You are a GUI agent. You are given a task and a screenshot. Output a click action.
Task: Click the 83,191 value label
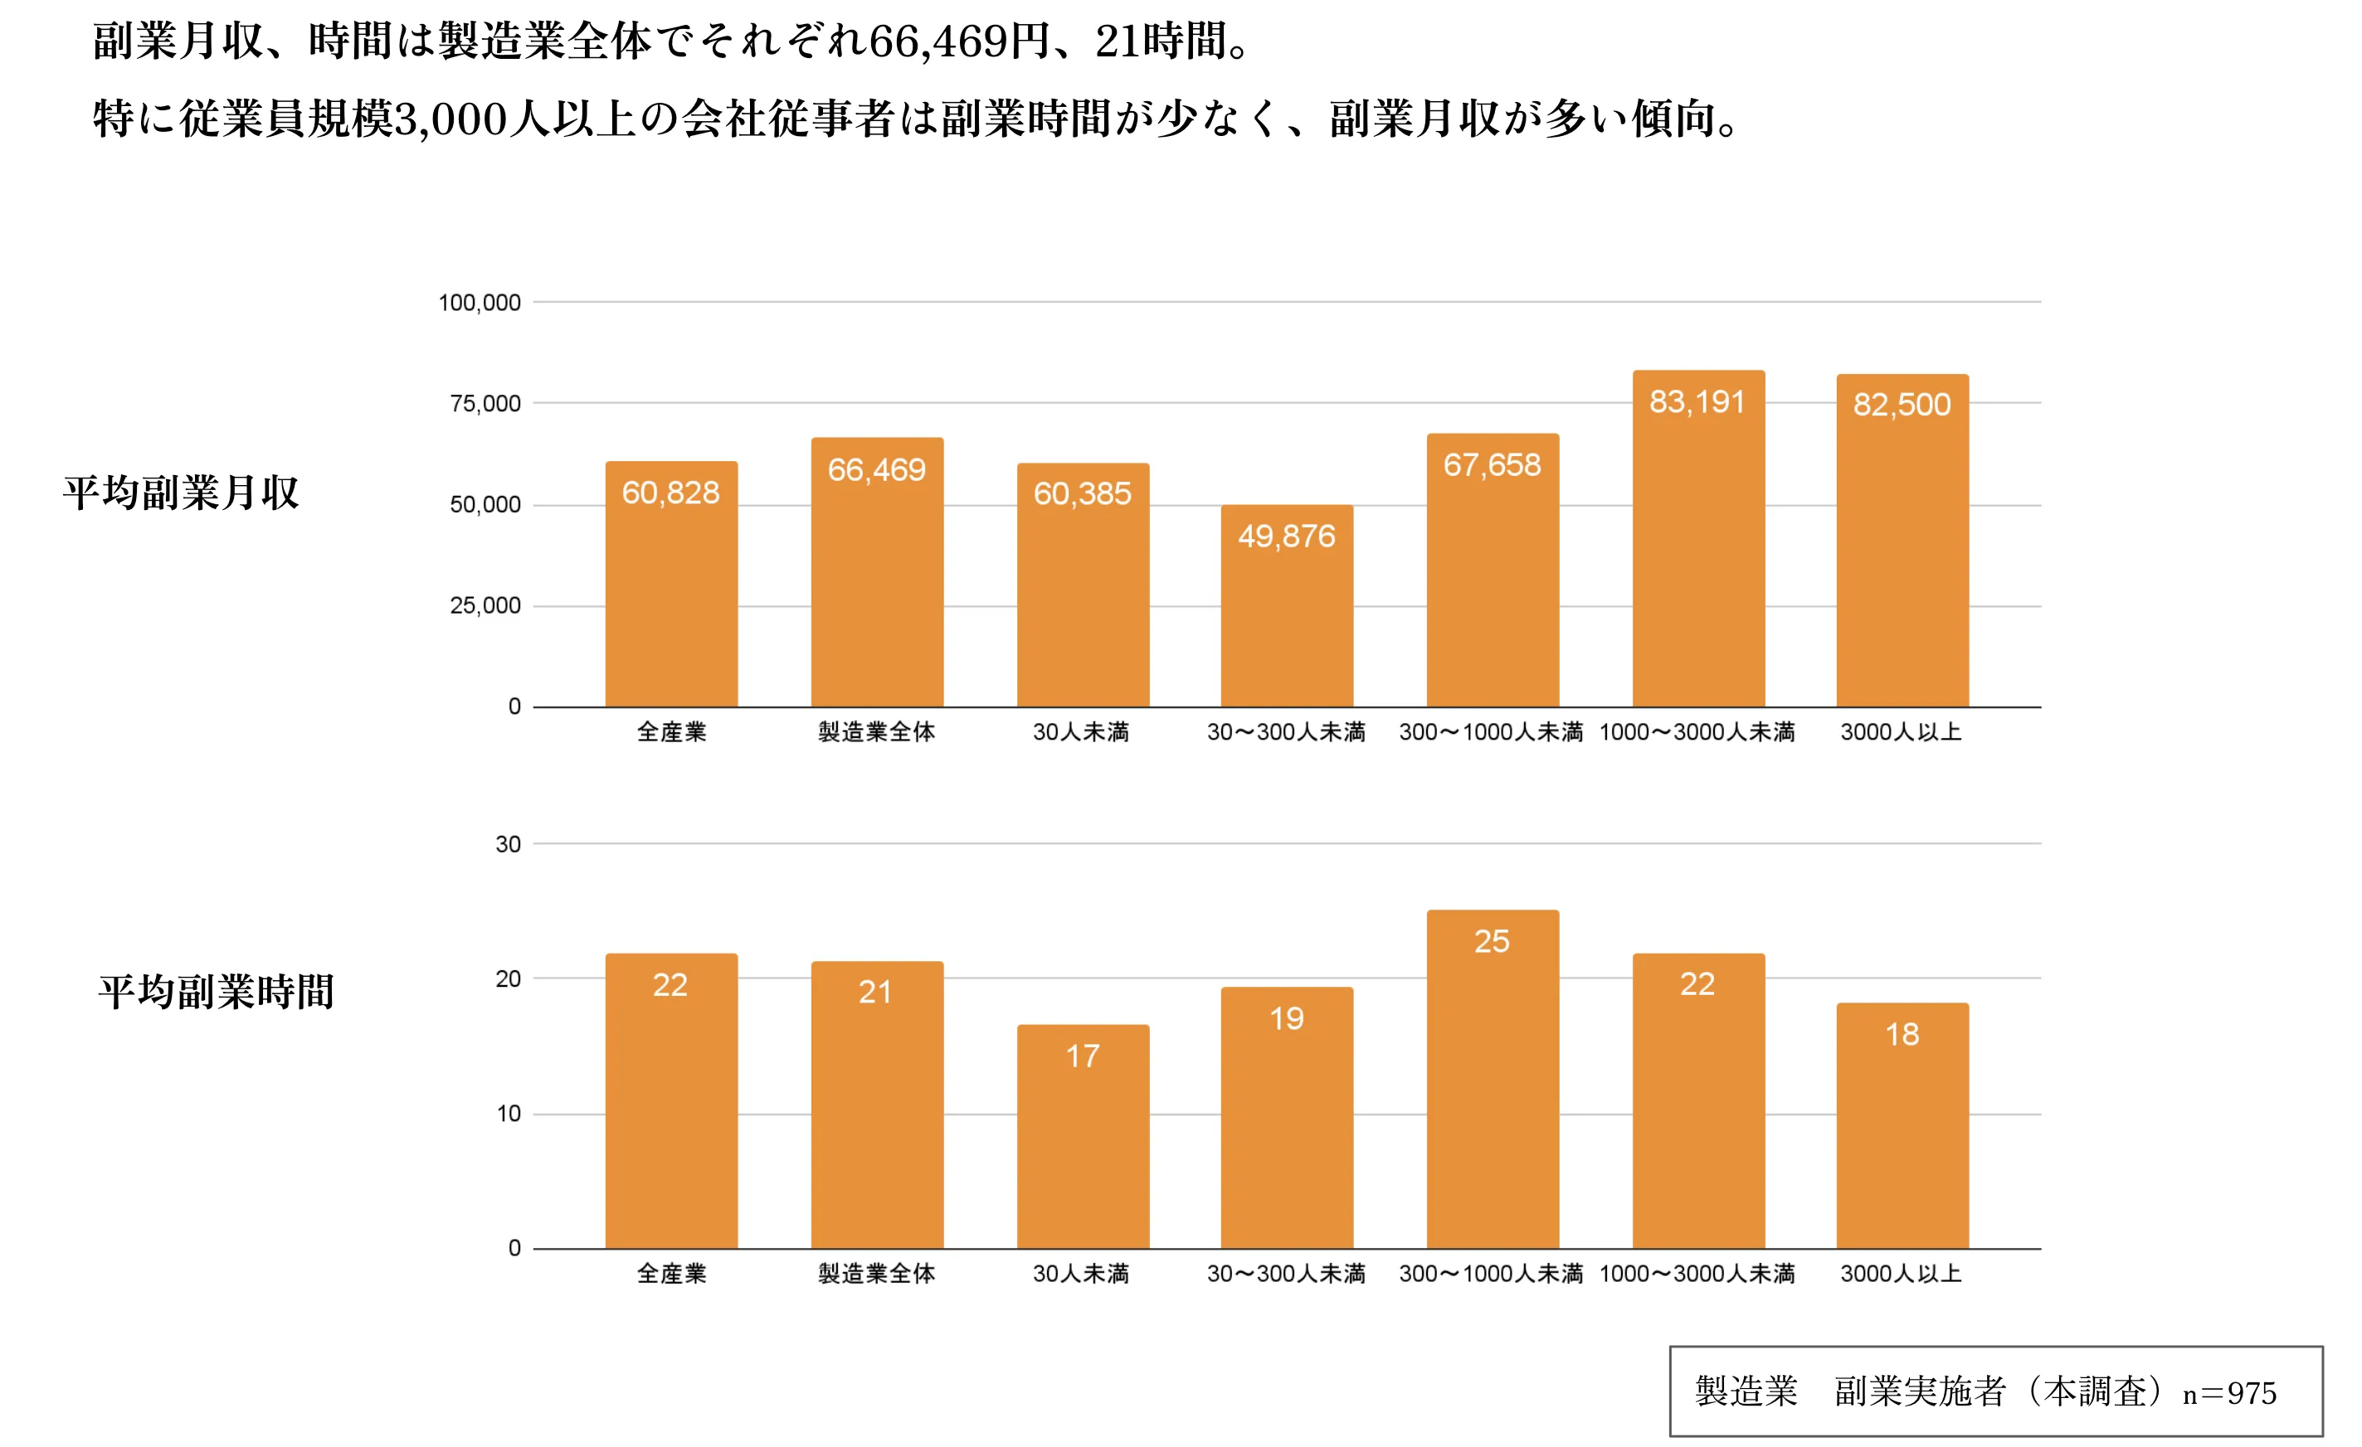tap(1697, 401)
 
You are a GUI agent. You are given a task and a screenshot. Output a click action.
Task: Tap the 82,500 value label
tap(1902, 405)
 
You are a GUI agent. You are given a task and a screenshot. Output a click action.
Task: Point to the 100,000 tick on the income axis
tap(480, 303)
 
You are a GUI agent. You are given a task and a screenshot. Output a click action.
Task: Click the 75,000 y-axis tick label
tap(485, 404)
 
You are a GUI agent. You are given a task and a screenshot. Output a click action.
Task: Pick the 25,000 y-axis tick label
tap(485, 605)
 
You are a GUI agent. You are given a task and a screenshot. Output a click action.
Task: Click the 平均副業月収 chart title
tap(181, 493)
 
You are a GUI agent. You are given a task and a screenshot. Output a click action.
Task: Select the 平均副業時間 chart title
tap(217, 992)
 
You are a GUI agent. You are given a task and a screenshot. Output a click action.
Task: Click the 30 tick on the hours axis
tap(508, 844)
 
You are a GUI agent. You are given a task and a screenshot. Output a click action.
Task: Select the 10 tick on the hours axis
tap(508, 1114)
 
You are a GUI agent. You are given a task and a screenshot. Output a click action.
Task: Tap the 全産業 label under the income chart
tap(671, 732)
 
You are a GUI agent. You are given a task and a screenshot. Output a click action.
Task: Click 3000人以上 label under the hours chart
tap(1901, 1274)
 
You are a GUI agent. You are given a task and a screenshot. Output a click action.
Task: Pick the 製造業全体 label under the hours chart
tap(876, 1274)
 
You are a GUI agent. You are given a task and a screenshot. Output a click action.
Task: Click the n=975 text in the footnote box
tap(2230, 1393)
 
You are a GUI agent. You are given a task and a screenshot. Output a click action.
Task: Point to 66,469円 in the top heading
tap(958, 41)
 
